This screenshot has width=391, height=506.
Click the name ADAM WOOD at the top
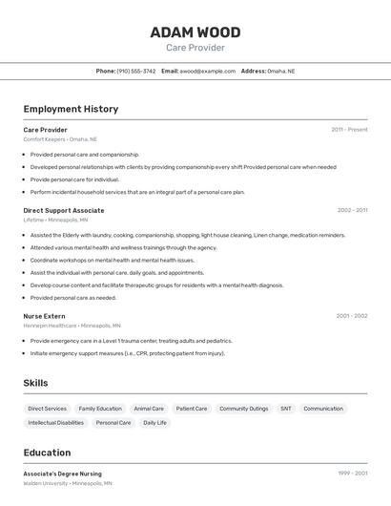coord(195,32)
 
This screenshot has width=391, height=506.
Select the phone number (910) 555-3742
coord(136,71)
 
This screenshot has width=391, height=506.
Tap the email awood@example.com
coord(208,71)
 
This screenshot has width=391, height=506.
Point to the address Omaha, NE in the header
coord(280,71)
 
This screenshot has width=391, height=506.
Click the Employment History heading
coord(71,109)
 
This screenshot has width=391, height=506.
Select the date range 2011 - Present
coord(349,130)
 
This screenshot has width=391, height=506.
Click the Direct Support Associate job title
coord(64,210)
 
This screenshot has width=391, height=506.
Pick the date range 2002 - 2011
coord(352,210)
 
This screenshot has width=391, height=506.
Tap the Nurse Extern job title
coord(45,316)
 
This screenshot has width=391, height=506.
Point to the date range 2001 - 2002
coord(352,316)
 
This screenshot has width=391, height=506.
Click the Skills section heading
coord(36,383)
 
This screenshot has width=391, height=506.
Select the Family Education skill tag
coord(100,409)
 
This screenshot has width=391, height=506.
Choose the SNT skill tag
coord(286,409)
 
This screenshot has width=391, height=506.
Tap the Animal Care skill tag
coord(149,409)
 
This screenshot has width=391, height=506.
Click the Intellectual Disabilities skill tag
coord(56,422)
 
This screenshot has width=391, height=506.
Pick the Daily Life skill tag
coord(154,422)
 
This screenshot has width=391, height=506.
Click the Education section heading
coord(47,453)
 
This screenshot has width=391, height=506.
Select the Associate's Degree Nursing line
coord(62,474)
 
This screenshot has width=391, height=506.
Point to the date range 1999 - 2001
coord(352,474)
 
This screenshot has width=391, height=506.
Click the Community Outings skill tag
coord(244,409)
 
